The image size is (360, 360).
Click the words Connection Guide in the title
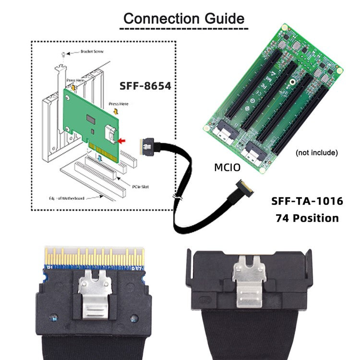coord(184,19)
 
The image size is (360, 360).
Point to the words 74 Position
coord(307,218)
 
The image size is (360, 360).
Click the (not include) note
coord(317,153)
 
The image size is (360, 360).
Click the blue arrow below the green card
coord(98,157)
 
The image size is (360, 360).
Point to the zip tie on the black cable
coord(177,197)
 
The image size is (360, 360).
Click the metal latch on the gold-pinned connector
coord(93,293)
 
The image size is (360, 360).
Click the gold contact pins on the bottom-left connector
coord(95,257)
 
